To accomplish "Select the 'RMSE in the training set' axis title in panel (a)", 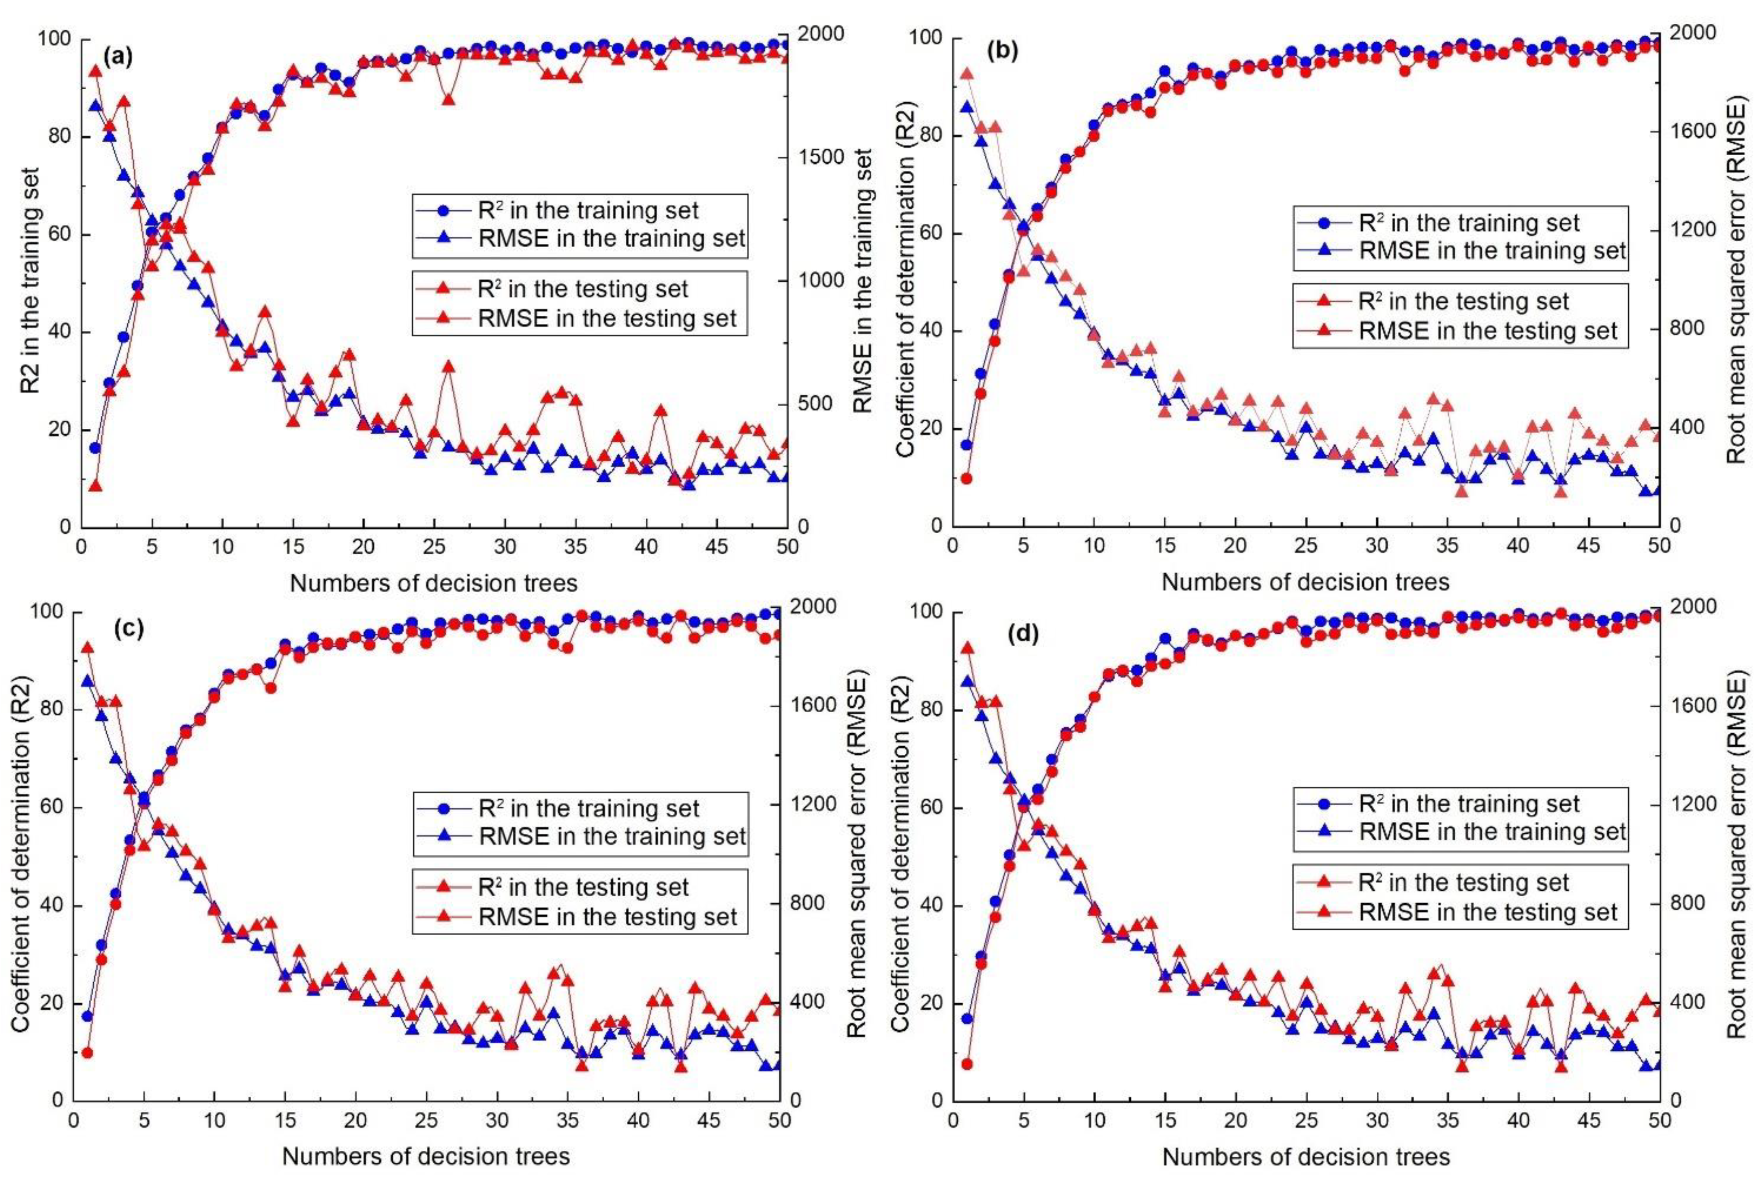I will (x=864, y=280).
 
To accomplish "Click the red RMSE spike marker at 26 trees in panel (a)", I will (x=448, y=367).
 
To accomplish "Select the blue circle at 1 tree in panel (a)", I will (x=95, y=447).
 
